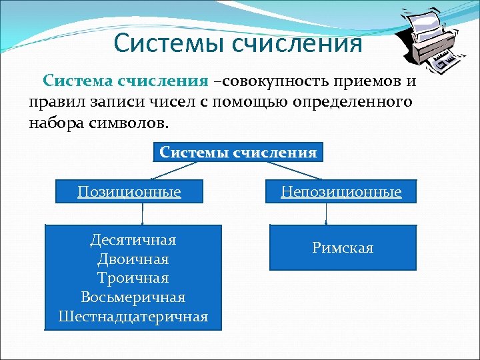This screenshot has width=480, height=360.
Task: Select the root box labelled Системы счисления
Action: coord(238,152)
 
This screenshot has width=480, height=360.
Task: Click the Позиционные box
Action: coord(129,192)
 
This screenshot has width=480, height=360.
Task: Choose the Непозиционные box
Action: coord(341,192)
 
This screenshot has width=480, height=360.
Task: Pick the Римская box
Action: coord(343,248)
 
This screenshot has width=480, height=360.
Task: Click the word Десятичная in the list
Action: coord(133,239)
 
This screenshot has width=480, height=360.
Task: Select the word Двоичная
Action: coord(133,258)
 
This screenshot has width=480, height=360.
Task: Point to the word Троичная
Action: coord(133,277)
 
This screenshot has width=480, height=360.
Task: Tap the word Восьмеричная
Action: coord(133,297)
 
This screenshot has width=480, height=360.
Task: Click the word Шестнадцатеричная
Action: coord(133,316)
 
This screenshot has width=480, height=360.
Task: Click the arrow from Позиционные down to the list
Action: coord(142,214)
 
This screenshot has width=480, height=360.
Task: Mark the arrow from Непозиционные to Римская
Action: coord(326,214)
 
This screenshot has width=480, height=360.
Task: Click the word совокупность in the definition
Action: coord(267,81)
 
